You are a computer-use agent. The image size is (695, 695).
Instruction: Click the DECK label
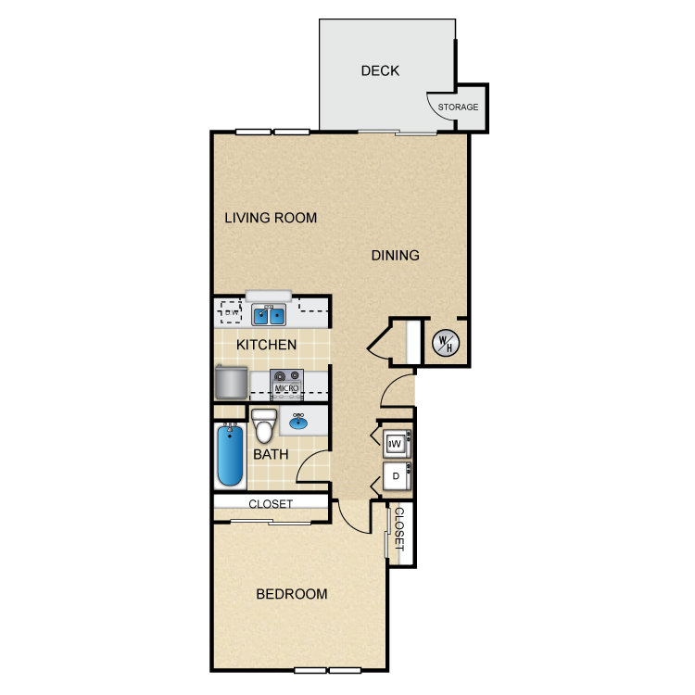(380, 70)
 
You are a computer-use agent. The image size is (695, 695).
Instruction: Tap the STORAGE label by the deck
(459, 107)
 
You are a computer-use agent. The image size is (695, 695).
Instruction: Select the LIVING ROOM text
(271, 219)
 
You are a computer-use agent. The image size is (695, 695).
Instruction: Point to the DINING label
(396, 256)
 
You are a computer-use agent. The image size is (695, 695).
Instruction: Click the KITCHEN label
(267, 345)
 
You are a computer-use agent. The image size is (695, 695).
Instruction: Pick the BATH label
(272, 455)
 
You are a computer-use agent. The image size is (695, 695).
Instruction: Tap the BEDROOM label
(292, 594)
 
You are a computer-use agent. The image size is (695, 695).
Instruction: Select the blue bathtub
(230, 455)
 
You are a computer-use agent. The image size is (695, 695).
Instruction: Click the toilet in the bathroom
(264, 425)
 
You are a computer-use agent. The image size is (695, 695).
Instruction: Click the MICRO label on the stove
(286, 388)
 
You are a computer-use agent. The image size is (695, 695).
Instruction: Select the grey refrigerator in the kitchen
(231, 381)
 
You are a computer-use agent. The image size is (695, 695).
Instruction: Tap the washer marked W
(397, 445)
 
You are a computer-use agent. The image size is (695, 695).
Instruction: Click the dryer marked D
(397, 476)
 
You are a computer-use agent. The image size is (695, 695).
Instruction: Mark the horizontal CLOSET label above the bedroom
(271, 504)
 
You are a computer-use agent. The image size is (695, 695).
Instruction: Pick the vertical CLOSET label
(400, 530)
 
